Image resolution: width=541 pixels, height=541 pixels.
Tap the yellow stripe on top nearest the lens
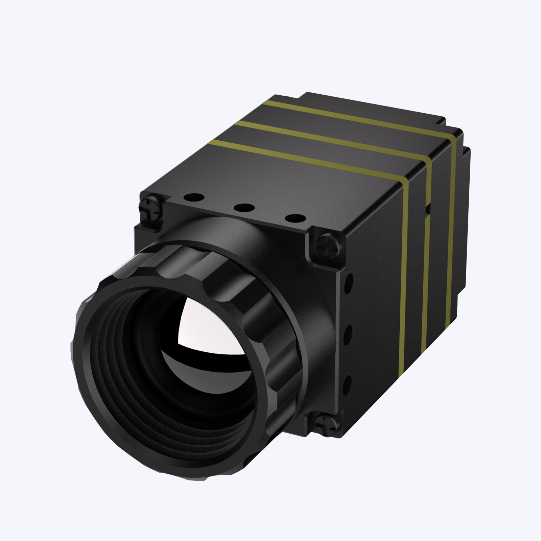[304, 159]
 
